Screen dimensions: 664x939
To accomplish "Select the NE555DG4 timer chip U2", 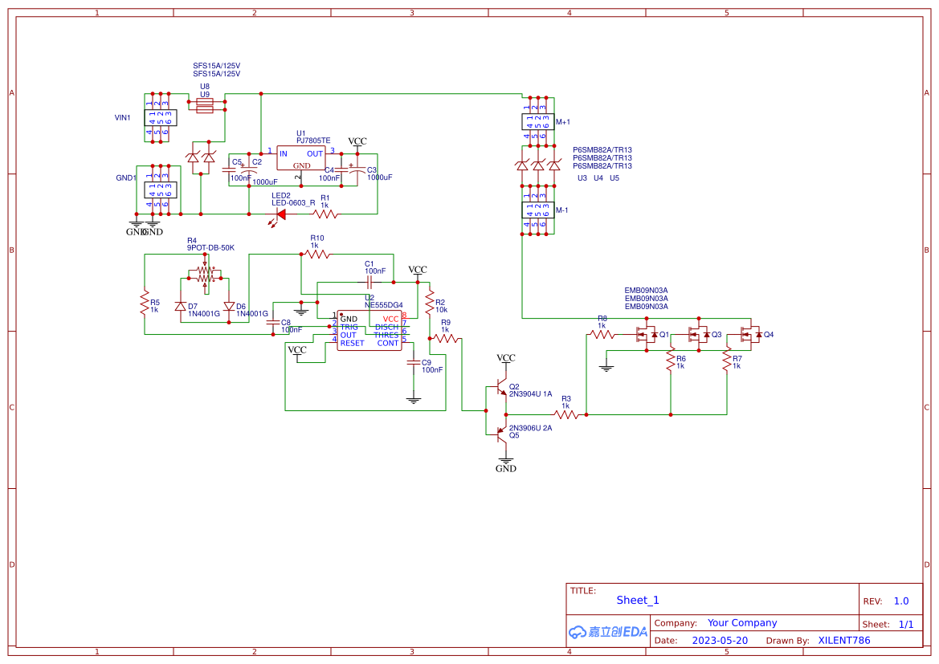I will tap(369, 330).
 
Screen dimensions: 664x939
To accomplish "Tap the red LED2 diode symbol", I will tap(280, 214).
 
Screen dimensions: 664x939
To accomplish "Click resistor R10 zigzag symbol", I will tap(316, 254).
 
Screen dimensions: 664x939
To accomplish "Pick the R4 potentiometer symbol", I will tap(206, 275).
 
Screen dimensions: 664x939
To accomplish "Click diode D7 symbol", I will tap(181, 306).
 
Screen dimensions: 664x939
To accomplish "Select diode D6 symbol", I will tap(229, 306).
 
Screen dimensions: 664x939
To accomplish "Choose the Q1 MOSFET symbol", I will tap(645, 335).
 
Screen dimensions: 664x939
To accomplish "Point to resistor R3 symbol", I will tap(566, 414).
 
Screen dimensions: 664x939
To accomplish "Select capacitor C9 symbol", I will tap(414, 363).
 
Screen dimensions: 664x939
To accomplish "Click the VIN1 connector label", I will tap(123, 117).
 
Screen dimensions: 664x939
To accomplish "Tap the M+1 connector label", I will tap(562, 122).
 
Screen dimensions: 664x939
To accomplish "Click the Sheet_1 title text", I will tap(637, 600).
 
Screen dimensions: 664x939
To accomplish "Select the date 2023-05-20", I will tap(720, 641).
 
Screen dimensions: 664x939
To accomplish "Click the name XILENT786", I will tap(843, 641).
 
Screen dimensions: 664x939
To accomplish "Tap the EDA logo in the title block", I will tap(607, 632).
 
